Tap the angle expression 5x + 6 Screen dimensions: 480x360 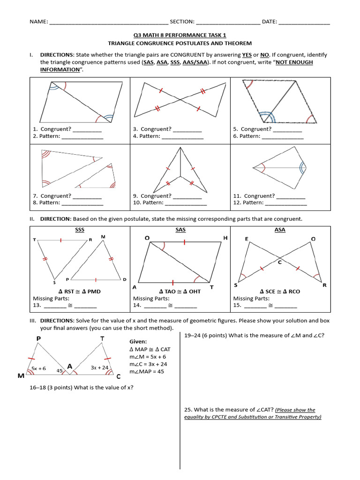pos(38,368)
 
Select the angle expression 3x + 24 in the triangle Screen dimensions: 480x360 pos(99,368)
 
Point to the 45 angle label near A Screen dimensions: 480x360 pos(60,370)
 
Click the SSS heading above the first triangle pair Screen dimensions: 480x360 pos(79,230)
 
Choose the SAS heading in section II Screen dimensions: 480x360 pos(180,230)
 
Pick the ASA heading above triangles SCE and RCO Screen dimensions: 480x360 pos(280,230)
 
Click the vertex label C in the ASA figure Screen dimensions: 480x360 pos(279,262)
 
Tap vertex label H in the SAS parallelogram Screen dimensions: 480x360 pos(225,238)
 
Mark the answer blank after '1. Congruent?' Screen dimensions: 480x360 pos(87,129)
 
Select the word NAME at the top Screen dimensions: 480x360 pos(38,22)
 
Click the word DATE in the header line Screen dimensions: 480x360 pos(269,22)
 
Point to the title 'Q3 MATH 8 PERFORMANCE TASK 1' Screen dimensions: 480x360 pos(180,35)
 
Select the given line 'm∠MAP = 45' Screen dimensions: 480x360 pos(147,372)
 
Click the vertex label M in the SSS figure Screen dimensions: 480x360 pos(103,237)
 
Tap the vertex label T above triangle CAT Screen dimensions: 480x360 pos(102,338)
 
